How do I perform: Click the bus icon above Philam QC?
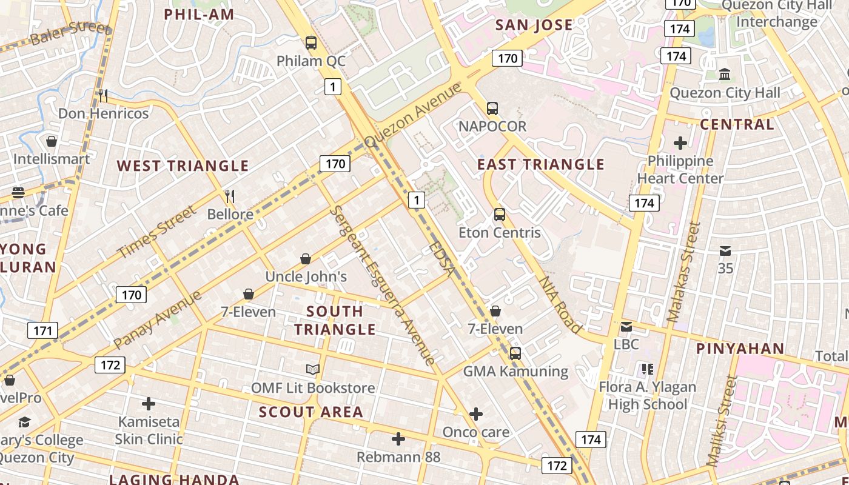(x=311, y=43)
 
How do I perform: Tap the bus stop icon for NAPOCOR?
(x=492, y=109)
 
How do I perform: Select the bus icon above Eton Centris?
(x=500, y=215)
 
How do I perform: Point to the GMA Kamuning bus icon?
(x=515, y=353)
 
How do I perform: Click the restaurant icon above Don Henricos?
(x=103, y=95)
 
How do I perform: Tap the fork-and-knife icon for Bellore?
(x=230, y=196)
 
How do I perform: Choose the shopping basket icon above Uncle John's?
(x=306, y=259)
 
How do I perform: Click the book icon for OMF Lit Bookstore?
(x=312, y=369)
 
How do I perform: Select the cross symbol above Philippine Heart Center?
(x=680, y=143)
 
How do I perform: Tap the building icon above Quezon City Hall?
(x=725, y=75)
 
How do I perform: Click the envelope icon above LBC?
(x=626, y=327)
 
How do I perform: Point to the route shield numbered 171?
(x=42, y=330)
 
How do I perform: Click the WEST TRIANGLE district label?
(x=183, y=166)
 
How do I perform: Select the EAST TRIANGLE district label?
(x=541, y=164)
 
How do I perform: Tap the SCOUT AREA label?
(x=311, y=412)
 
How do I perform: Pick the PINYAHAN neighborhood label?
(x=740, y=349)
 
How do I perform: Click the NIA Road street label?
(x=560, y=304)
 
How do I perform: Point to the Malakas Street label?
(x=683, y=272)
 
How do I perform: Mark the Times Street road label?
(x=157, y=232)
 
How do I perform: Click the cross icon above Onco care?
(x=476, y=414)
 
